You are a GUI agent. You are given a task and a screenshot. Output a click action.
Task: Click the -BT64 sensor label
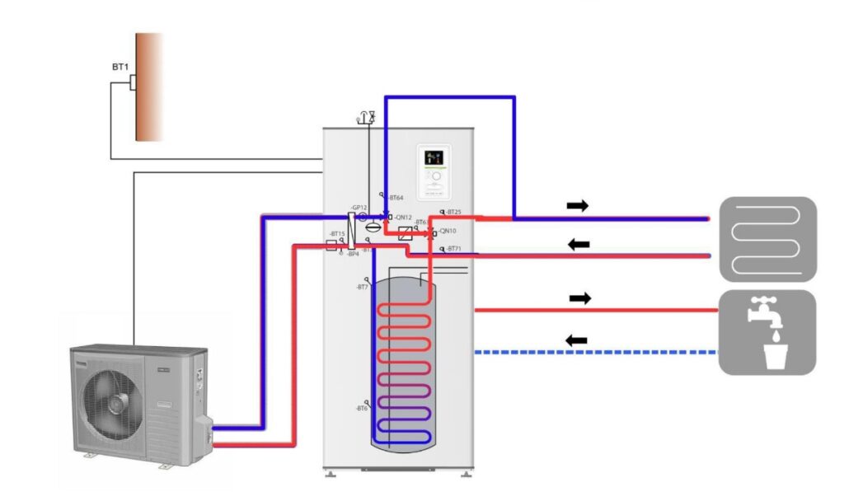click(396, 198)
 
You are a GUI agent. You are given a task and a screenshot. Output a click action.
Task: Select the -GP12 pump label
click(358, 208)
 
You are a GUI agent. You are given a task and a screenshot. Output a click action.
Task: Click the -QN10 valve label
click(448, 232)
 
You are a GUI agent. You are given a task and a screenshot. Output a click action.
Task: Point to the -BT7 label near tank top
click(362, 287)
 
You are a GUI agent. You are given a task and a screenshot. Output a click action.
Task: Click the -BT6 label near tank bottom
click(362, 408)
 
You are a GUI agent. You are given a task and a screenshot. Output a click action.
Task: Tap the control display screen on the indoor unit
click(434, 157)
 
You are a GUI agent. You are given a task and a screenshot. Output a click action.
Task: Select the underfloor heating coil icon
click(767, 239)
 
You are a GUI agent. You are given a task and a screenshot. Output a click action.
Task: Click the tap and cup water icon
click(767, 332)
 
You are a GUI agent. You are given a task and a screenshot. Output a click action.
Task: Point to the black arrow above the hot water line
click(580, 298)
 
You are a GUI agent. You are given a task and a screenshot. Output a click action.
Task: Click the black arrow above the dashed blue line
click(576, 340)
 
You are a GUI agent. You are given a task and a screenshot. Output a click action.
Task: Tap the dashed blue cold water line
click(593, 353)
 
